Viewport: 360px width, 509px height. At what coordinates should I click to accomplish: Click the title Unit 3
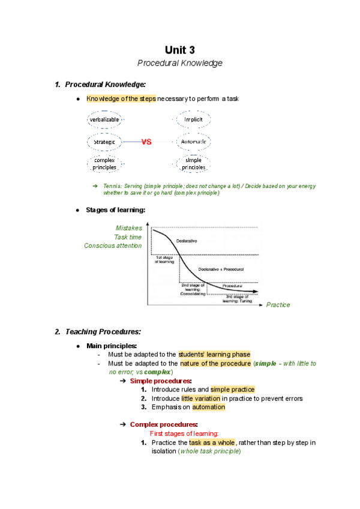[180, 49]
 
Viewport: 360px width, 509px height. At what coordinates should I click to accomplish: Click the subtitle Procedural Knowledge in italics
[180, 63]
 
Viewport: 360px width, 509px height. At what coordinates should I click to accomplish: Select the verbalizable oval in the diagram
[104, 119]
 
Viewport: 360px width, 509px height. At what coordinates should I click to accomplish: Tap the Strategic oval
[104, 142]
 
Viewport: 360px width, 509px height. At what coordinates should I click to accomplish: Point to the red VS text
[146, 142]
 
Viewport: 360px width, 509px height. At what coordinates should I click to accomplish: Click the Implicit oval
[193, 119]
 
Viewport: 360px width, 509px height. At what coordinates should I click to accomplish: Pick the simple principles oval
[193, 164]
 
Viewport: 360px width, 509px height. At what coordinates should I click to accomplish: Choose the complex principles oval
[104, 164]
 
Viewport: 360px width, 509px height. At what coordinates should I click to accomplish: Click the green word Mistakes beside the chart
[129, 228]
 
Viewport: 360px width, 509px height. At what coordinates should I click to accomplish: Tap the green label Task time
[128, 237]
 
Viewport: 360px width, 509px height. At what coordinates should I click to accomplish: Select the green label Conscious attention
[113, 245]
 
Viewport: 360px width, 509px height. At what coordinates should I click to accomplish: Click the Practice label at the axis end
[278, 305]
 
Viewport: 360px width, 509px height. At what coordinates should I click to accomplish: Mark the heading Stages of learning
[116, 210]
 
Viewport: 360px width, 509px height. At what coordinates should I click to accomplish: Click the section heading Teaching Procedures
[103, 331]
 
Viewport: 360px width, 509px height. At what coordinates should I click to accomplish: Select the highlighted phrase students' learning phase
[214, 355]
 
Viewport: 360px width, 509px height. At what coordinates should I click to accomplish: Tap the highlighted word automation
[208, 407]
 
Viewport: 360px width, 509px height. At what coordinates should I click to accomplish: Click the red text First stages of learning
[184, 433]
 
